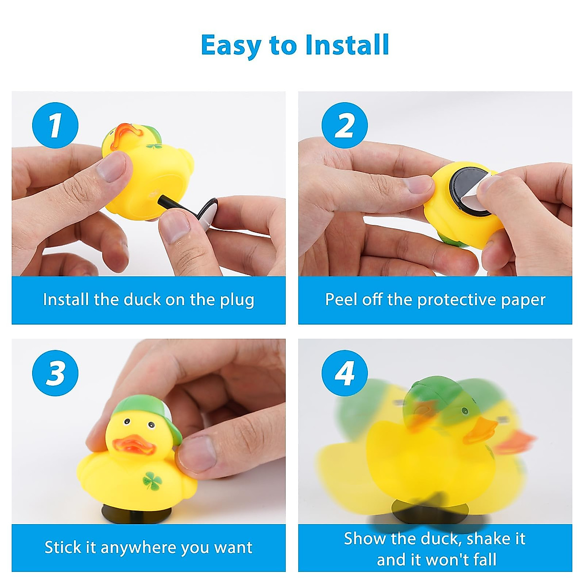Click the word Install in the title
click(x=347, y=45)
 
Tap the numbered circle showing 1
click(x=55, y=125)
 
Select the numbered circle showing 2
click(x=345, y=125)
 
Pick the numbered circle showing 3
click(x=55, y=373)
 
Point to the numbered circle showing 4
click(x=345, y=373)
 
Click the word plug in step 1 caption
click(x=237, y=300)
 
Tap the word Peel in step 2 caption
click(x=340, y=299)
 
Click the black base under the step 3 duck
click(x=129, y=513)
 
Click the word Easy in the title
click(x=231, y=45)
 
